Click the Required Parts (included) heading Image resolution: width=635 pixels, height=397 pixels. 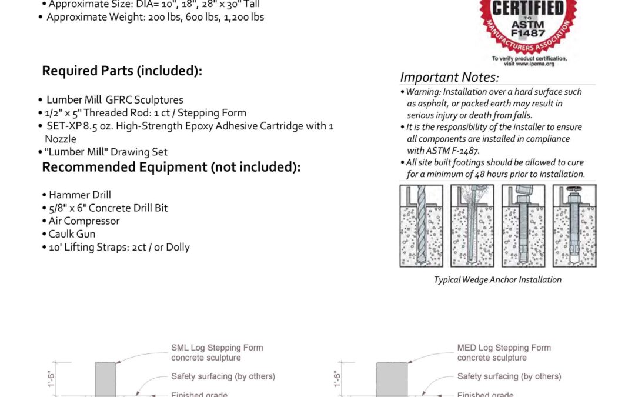click(x=122, y=71)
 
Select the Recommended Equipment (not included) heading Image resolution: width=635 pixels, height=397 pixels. click(x=171, y=167)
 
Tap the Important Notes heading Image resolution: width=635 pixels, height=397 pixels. click(x=449, y=77)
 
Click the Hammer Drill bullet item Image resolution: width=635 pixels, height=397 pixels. click(x=79, y=195)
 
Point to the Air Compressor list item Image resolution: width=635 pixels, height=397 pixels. click(x=84, y=221)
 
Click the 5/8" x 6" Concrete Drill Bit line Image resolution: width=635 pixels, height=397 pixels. click(x=108, y=208)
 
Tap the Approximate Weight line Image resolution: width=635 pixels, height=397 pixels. click(x=155, y=17)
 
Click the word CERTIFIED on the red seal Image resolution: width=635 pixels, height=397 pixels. click(x=527, y=8)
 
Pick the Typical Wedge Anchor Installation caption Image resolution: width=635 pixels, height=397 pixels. click(x=497, y=280)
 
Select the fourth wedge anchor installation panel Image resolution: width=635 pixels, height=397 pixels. click(x=574, y=226)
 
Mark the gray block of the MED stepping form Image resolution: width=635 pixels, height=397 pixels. click(x=392, y=379)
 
